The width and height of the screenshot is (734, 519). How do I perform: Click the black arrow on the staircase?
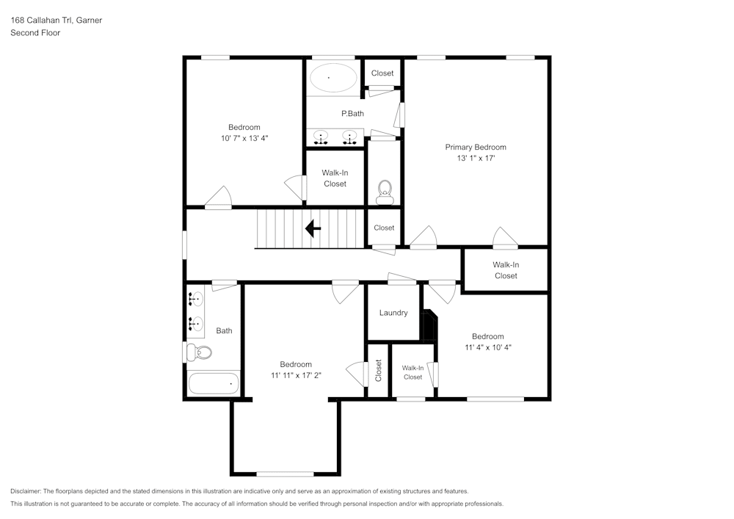[x=313, y=229]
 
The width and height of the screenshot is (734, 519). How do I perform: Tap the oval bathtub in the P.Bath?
[x=333, y=77]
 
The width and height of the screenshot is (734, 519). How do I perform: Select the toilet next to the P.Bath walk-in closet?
[x=385, y=192]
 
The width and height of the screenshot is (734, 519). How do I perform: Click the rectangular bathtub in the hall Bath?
[x=214, y=383]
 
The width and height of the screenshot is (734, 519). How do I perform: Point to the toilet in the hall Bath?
[x=199, y=353]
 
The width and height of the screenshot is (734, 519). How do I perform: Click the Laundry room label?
[x=393, y=313]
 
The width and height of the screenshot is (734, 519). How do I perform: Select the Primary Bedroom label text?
[x=476, y=147]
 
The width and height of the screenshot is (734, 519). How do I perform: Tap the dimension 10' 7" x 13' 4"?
[x=244, y=138]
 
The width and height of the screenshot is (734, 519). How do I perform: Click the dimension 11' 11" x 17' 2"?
[x=296, y=375]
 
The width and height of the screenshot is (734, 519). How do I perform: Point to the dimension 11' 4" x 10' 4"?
[x=487, y=347]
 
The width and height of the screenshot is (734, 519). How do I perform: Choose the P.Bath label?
[x=352, y=113]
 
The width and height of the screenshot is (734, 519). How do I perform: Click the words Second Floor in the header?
[x=35, y=33]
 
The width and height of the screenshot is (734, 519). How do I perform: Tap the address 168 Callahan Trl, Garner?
[x=56, y=21]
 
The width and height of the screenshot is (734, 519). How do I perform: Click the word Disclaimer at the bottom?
[x=26, y=491]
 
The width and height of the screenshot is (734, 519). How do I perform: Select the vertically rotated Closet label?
[x=379, y=370]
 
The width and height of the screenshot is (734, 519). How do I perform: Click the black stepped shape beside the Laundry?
[x=429, y=324]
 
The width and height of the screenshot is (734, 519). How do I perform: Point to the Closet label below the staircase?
[x=384, y=228]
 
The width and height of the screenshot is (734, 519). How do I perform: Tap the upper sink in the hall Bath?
[x=195, y=299]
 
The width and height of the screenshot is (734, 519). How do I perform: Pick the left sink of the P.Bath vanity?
[x=321, y=136]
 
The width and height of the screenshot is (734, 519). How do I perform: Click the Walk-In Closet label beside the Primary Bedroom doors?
[x=505, y=270]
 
